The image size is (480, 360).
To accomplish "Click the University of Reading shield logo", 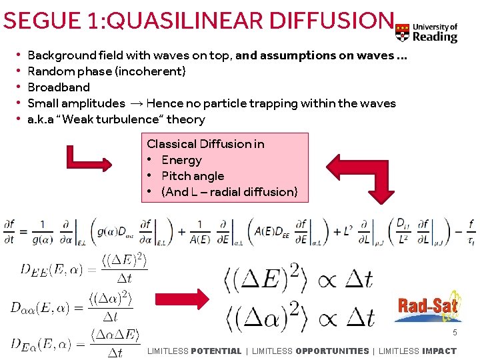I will click(x=402, y=31).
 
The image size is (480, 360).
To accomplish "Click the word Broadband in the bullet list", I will click(x=59, y=87).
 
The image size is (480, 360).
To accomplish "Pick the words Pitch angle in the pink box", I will click(x=193, y=176).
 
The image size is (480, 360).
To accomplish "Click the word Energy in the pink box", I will click(x=181, y=160).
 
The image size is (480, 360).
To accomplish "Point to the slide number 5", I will click(x=455, y=332).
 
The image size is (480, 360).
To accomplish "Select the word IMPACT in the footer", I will click(x=439, y=351).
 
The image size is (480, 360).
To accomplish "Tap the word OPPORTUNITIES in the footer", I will click(x=332, y=351).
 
